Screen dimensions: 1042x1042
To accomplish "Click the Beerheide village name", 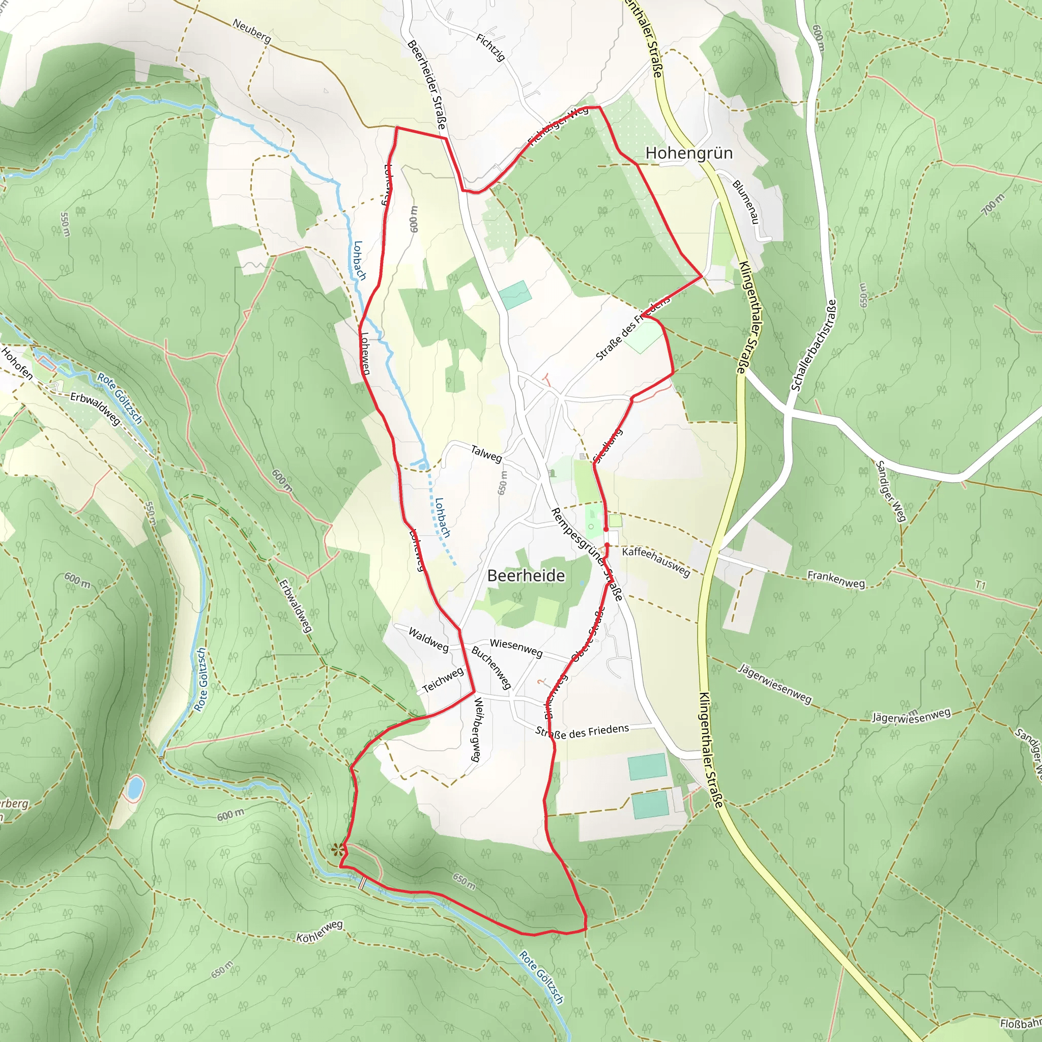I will click(526, 575).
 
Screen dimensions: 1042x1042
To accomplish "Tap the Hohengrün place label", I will click(689, 153).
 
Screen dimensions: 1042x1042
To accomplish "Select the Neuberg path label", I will click(252, 31).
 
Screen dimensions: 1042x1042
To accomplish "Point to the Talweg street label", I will click(486, 453).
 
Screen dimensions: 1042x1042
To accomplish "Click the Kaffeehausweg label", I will click(656, 562).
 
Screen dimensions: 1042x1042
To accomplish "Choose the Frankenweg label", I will click(835, 578).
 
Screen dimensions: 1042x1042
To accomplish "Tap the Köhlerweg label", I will click(320, 932).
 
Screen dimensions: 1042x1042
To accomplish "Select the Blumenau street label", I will click(745, 201).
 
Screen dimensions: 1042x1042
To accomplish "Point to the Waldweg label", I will click(428, 639).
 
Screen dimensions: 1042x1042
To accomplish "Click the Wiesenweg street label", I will click(515, 647).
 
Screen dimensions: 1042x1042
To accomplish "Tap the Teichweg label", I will click(443, 680).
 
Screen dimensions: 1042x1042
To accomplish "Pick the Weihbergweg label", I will click(476, 729).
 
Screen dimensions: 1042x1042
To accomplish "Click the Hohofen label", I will click(17, 363).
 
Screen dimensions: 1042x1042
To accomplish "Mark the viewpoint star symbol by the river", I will click(338, 850).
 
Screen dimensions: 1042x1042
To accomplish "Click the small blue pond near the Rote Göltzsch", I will click(134, 788).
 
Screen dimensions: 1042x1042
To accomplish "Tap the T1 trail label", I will click(980, 585).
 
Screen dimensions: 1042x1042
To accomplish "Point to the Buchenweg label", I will click(491, 667).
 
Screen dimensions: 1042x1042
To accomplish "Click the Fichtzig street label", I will click(490, 47).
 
